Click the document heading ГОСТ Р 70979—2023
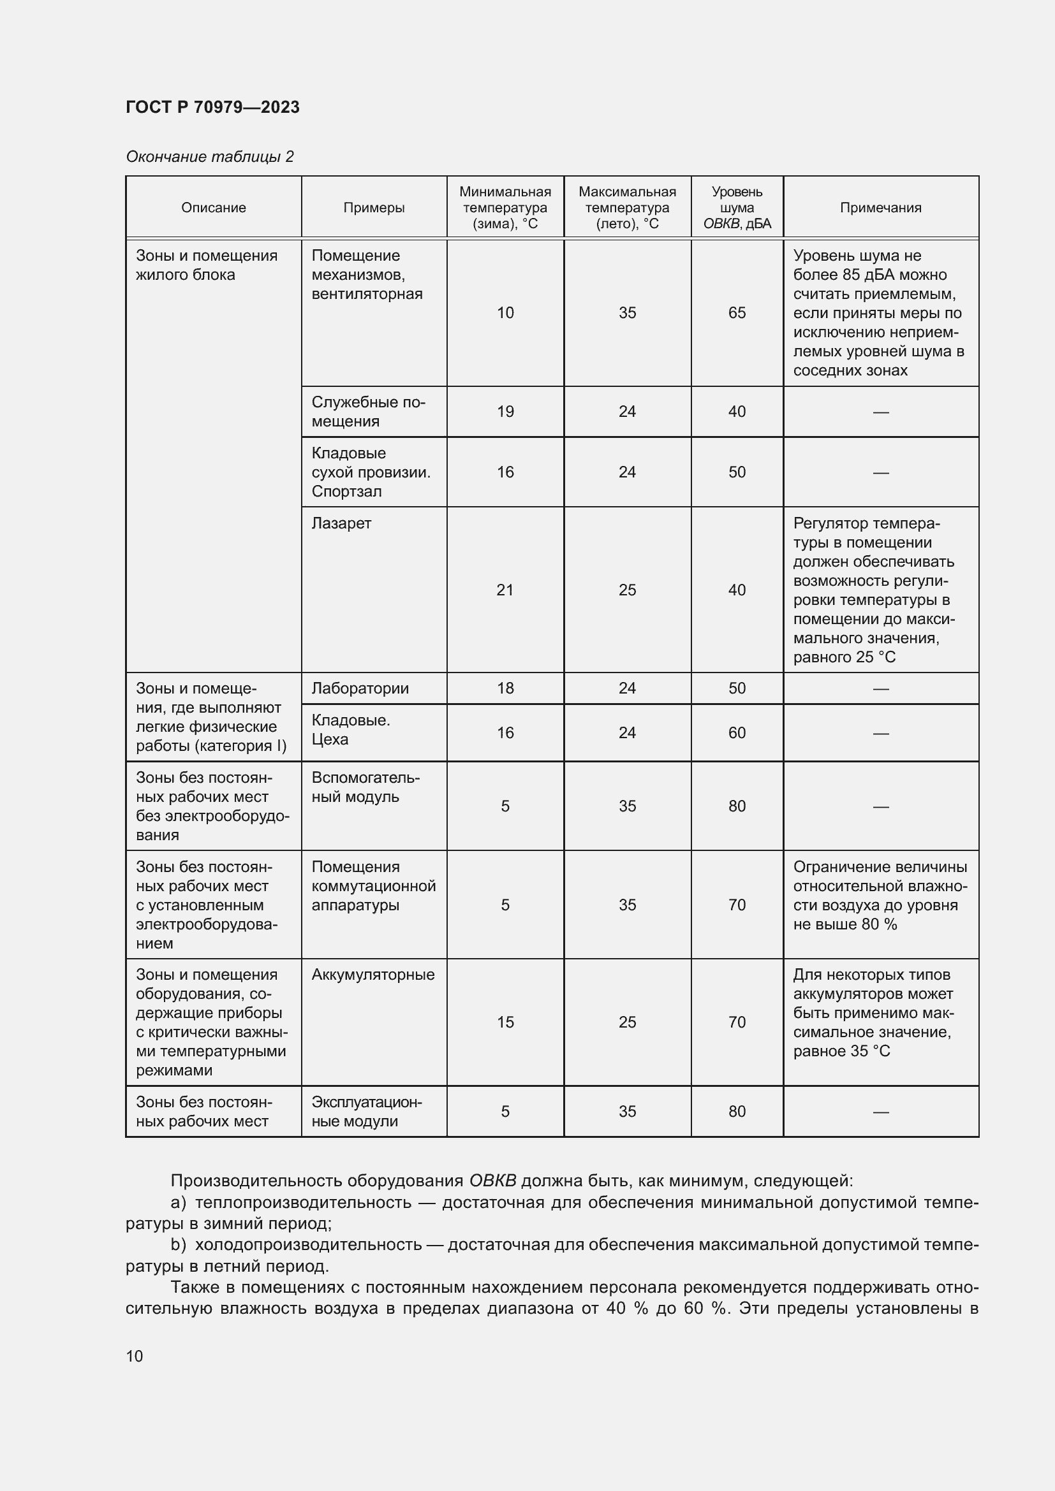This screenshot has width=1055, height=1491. pyautogui.click(x=212, y=107)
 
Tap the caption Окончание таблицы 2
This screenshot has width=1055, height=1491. pyautogui.click(x=209, y=157)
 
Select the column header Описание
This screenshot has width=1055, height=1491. pyautogui.click(x=213, y=208)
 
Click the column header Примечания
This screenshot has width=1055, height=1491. pyautogui.click(x=880, y=208)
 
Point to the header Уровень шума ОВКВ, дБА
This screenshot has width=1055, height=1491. pyautogui.click(x=737, y=208)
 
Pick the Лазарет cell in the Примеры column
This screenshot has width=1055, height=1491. pyautogui.click(x=341, y=523)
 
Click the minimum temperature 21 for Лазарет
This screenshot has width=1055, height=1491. pyautogui.click(x=505, y=590)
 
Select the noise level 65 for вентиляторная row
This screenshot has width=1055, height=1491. pyautogui.click(x=737, y=313)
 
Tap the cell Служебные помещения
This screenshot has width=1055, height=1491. pyautogui.click(x=367, y=412)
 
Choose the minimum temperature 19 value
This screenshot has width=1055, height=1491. pyautogui.click(x=505, y=412)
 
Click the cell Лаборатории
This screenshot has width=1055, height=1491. pyautogui.click(x=360, y=688)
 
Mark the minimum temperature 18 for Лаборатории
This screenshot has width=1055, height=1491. pyautogui.click(x=505, y=688)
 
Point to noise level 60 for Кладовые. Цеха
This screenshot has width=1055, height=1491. pyautogui.click(x=737, y=733)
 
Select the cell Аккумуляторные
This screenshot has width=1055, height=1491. pyautogui.click(x=373, y=975)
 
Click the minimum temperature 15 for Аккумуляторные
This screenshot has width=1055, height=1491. pyautogui.click(x=505, y=1022)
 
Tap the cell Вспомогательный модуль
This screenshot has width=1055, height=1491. pyautogui.click(x=365, y=787)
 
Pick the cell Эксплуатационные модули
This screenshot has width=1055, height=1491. pyautogui.click(x=366, y=1112)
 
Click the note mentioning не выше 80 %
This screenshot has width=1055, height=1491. pyautogui.click(x=880, y=896)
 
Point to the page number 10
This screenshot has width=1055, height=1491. pyautogui.click(x=135, y=1356)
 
